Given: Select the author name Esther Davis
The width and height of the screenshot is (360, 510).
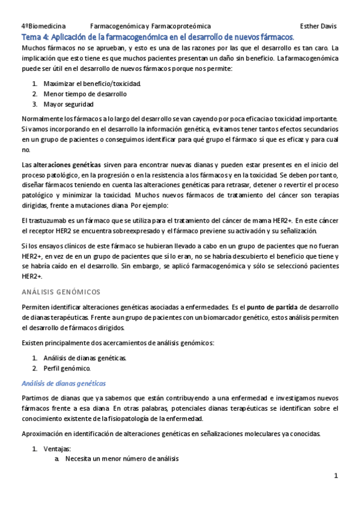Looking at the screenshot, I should pos(319,26).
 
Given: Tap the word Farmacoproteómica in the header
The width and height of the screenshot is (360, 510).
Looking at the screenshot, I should pos(181,26).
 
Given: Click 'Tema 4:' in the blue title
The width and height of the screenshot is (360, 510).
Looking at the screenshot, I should pos(34,37).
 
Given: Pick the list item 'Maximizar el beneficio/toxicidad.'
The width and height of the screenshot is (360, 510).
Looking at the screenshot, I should pos(93,83).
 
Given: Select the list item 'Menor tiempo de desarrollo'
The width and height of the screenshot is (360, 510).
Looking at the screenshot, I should pos(85,94).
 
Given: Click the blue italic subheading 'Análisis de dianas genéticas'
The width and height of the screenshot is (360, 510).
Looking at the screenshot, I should pos(63,383).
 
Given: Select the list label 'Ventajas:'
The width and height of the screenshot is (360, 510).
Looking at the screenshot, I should pos(57,449).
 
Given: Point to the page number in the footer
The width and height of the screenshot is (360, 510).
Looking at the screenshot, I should pos(336,476).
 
